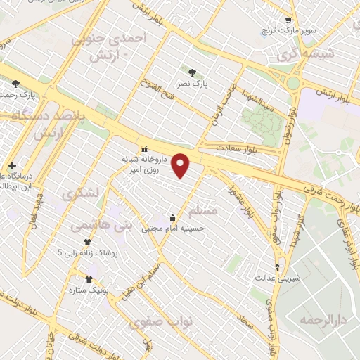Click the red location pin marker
point(182,165)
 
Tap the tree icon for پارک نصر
point(193,72)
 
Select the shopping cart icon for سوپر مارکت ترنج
point(287,20)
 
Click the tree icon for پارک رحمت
point(15,84)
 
